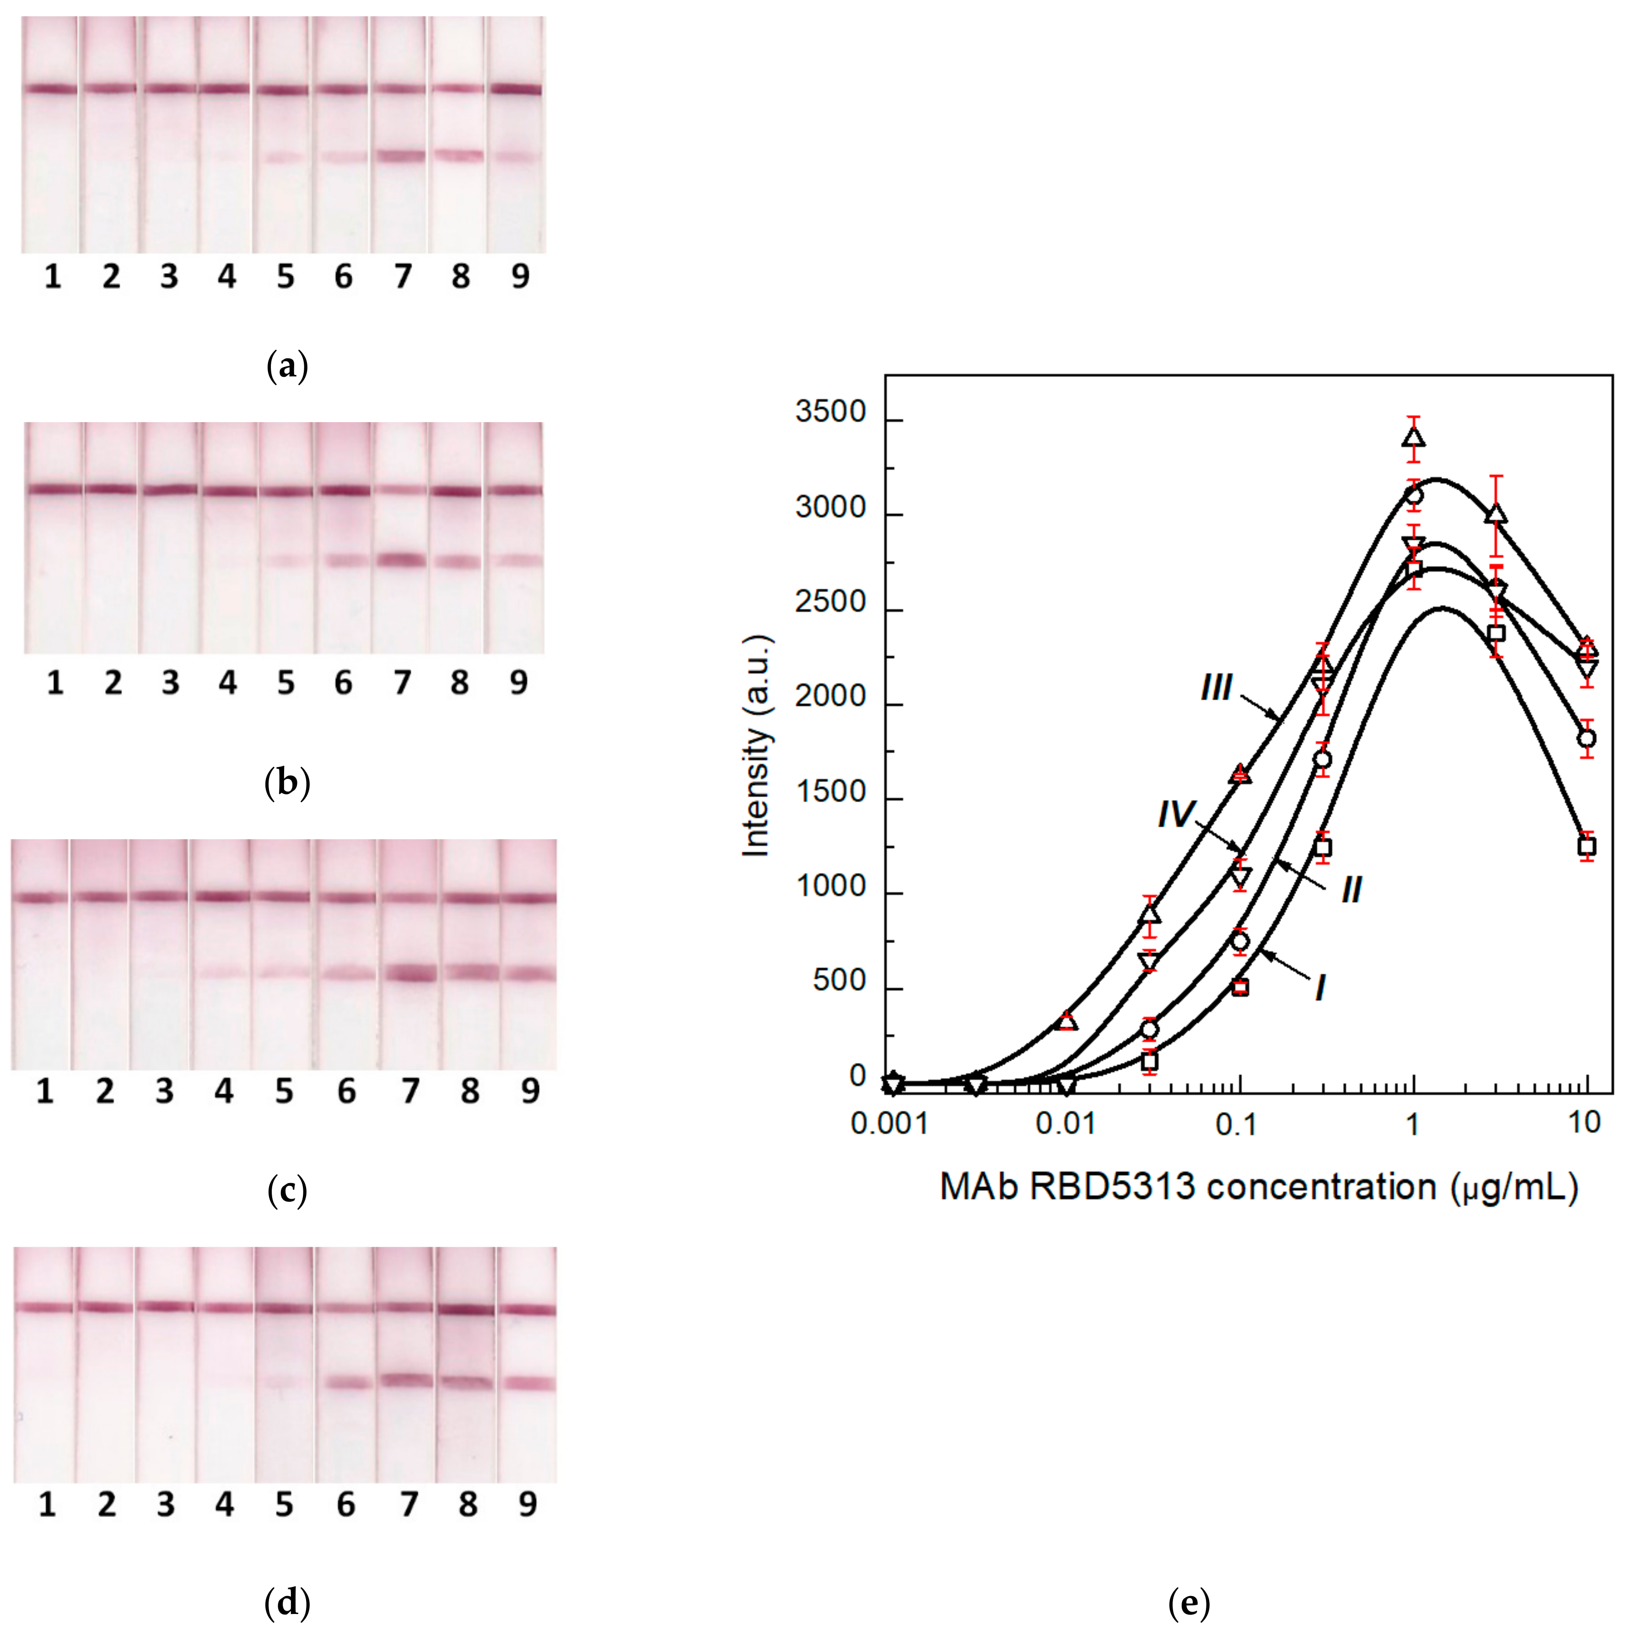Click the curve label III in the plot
coord(1216,687)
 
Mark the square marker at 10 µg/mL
coord(1587,846)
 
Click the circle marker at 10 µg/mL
coord(1587,738)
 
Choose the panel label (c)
coord(287,1191)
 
